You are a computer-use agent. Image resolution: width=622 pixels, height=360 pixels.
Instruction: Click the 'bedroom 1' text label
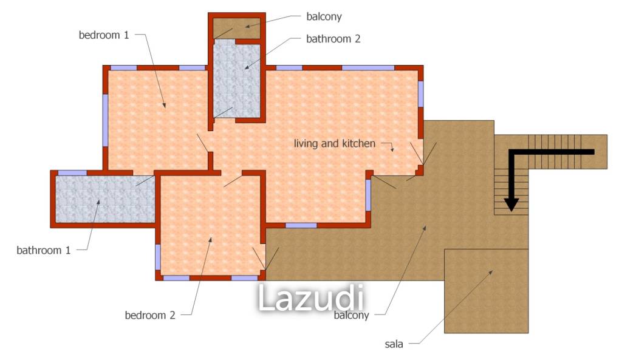click(x=104, y=35)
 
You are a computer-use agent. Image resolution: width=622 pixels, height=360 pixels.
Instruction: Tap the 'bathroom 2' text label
click(x=333, y=39)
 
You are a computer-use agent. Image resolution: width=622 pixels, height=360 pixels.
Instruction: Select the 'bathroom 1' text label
click(x=44, y=250)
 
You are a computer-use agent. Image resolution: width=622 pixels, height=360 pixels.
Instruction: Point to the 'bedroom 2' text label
click(x=150, y=315)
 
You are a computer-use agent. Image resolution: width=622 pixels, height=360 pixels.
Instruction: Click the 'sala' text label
click(x=394, y=344)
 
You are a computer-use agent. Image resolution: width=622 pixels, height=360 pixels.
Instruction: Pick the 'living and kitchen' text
click(x=335, y=143)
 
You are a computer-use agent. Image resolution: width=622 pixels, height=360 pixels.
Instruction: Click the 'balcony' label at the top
click(x=324, y=16)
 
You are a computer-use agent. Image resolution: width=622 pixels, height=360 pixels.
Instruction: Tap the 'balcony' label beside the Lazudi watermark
click(x=352, y=315)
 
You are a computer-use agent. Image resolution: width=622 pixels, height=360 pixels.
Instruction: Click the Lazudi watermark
click(x=311, y=297)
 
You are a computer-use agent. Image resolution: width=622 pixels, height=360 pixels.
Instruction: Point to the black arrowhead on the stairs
click(x=511, y=204)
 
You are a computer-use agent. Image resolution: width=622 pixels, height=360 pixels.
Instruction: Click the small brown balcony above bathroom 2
click(x=237, y=28)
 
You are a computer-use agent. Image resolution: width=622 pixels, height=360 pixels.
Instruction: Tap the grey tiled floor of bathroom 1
click(x=105, y=199)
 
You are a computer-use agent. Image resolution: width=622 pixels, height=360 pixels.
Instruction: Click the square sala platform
click(x=487, y=291)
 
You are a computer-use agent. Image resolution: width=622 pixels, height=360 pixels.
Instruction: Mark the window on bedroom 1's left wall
click(x=106, y=120)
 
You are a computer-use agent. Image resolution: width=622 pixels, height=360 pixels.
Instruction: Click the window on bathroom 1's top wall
click(x=72, y=173)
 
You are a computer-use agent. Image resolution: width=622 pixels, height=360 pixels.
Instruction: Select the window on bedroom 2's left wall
click(x=158, y=257)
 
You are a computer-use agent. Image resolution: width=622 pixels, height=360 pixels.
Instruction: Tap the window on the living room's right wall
click(x=421, y=93)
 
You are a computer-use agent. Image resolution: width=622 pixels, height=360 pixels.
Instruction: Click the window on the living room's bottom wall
click(x=301, y=226)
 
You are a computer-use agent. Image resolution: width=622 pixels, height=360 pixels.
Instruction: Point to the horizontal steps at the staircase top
click(x=555, y=152)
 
